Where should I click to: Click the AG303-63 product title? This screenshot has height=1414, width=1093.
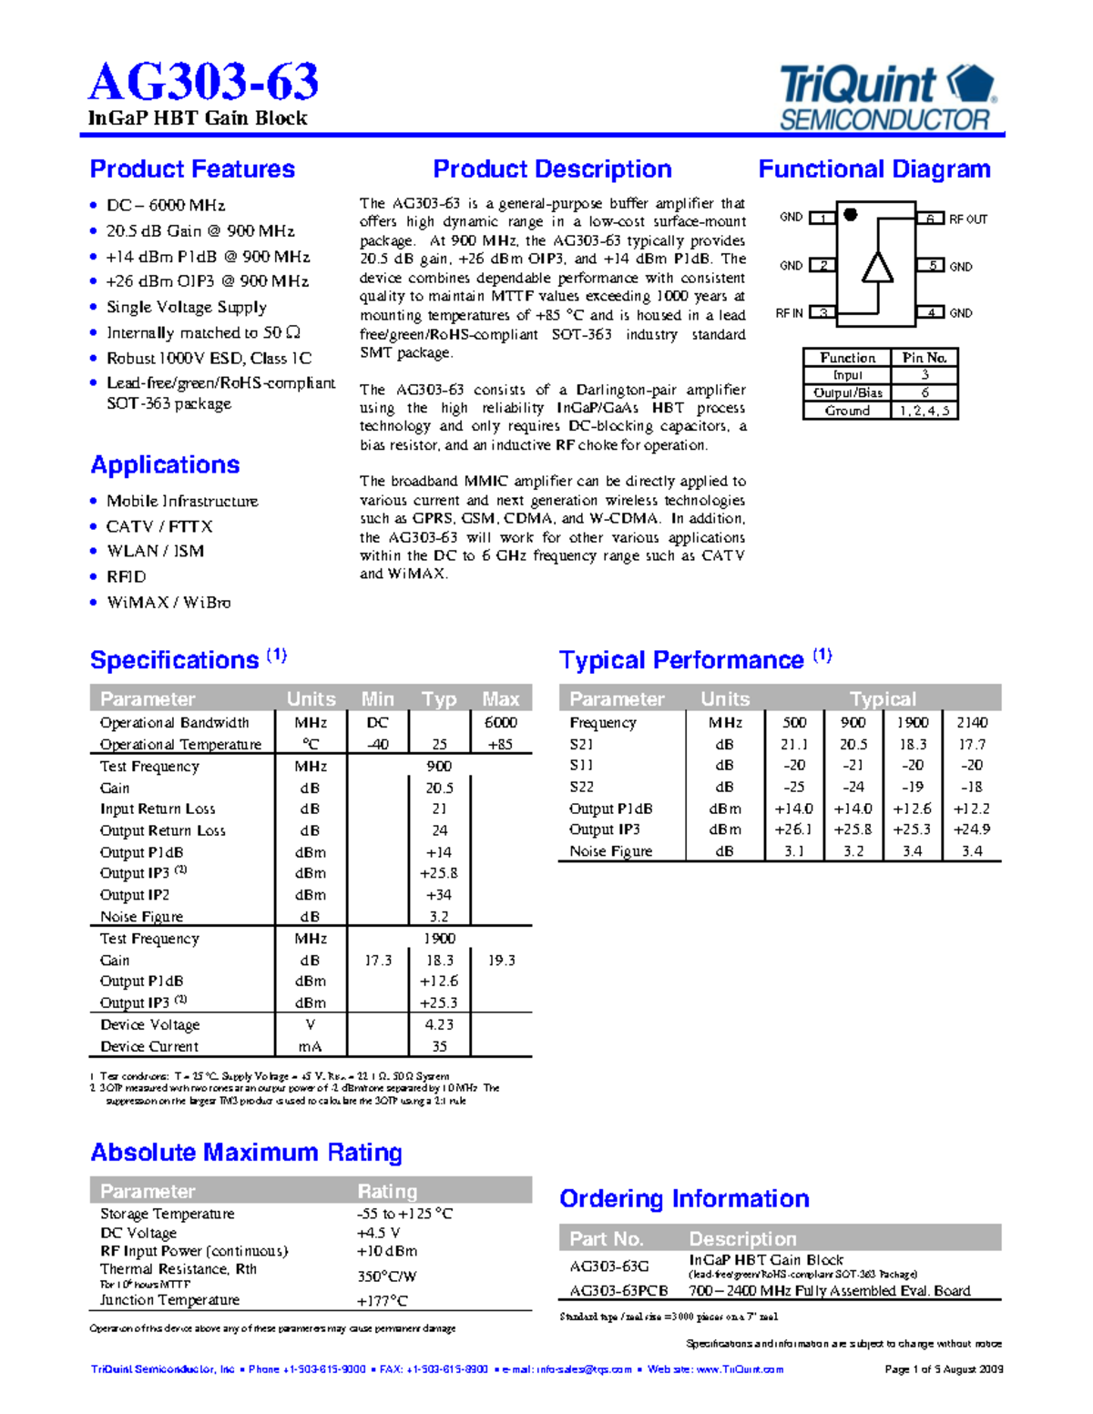pyautogui.click(x=203, y=82)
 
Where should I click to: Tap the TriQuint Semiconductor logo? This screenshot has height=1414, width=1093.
pyautogui.click(x=888, y=98)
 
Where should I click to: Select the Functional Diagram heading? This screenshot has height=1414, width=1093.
pyautogui.click(x=873, y=169)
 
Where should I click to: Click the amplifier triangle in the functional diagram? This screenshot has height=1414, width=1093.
pyautogui.click(x=877, y=268)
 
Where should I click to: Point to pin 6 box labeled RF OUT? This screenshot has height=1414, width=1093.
pyautogui.click(x=930, y=219)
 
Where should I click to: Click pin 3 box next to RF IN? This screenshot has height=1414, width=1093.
pyautogui.click(x=822, y=312)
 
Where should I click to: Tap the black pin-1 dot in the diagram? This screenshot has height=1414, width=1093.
pyautogui.click(x=851, y=215)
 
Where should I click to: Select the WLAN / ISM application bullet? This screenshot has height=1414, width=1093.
pyautogui.click(x=155, y=551)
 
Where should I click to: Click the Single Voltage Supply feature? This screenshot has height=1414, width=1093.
pyautogui.click(x=186, y=307)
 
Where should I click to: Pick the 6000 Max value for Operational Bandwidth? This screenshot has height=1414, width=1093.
pyautogui.click(x=500, y=722)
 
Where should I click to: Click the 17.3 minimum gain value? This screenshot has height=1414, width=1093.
pyautogui.click(x=378, y=960)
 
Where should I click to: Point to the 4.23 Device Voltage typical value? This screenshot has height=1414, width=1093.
pyautogui.click(x=439, y=1024)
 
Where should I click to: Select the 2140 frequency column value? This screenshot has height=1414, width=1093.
pyautogui.click(x=971, y=722)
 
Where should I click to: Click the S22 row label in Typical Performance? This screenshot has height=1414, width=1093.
pyautogui.click(x=581, y=787)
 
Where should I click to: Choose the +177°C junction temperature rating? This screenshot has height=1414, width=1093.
pyautogui.click(x=383, y=1301)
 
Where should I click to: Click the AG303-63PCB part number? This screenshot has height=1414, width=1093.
pyautogui.click(x=618, y=1290)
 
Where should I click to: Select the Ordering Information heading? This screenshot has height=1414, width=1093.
pyautogui.click(x=684, y=1198)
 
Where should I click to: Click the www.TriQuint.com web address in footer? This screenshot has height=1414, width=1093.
pyautogui.click(x=740, y=1369)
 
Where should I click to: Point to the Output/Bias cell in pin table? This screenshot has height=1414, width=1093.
pyautogui.click(x=847, y=393)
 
